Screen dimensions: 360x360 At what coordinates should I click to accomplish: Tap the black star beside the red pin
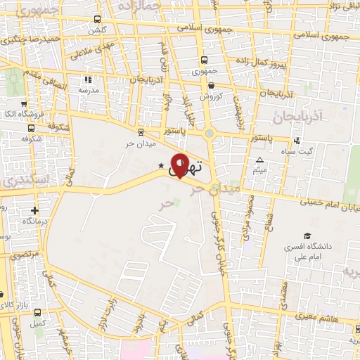coord(161,166)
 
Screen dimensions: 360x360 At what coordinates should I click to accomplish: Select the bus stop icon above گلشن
coord(96,20)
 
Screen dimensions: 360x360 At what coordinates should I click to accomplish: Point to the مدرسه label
coord(88,90)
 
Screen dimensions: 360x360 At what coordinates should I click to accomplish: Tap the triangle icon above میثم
coord(259,160)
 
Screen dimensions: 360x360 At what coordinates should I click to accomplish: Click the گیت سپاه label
coord(304,152)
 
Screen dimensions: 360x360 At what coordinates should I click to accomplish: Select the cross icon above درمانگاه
coord(34,210)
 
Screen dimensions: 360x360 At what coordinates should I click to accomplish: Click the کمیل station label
coord(39,323)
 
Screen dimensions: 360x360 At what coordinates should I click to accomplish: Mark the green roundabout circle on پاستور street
coord(209,132)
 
